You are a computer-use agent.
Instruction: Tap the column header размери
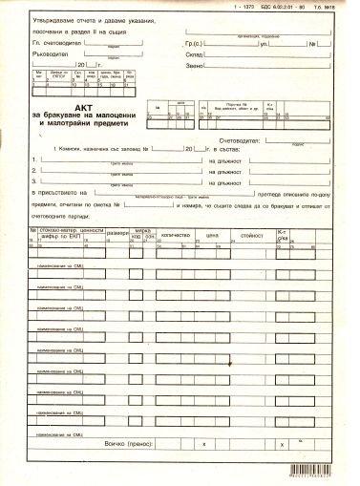(118, 234)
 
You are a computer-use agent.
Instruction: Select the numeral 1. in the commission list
(35, 158)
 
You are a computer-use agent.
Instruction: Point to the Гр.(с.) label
(190, 45)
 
